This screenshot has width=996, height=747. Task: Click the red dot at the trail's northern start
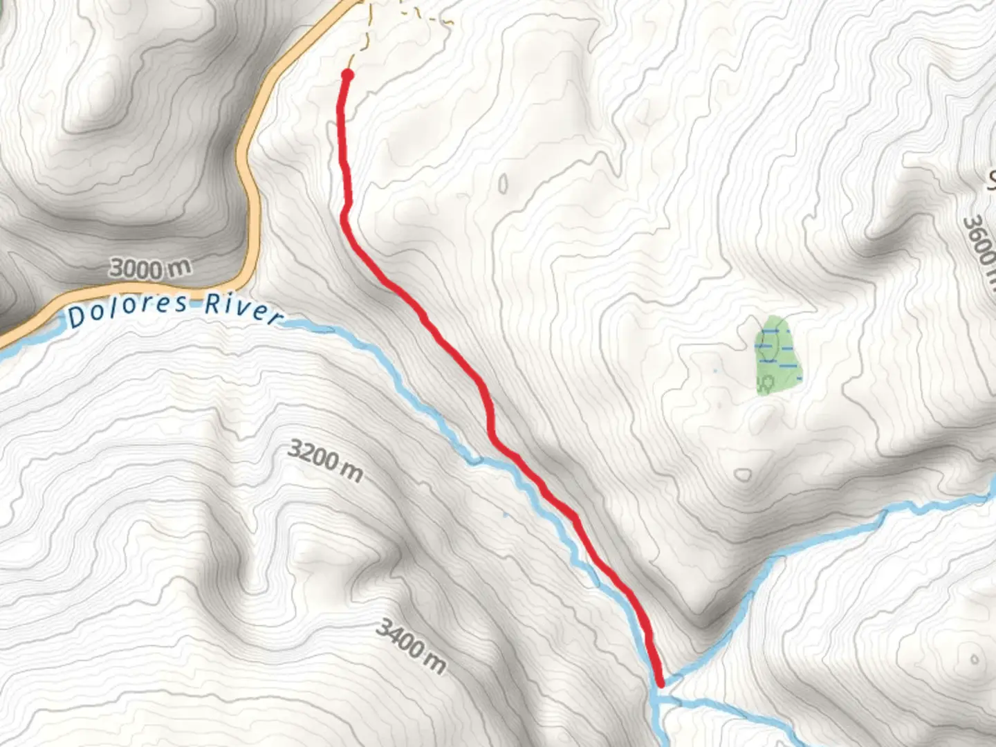click(x=348, y=75)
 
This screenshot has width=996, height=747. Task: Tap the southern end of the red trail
click(x=661, y=683)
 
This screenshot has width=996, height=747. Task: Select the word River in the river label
click(x=243, y=308)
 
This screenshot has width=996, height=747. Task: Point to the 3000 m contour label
click(x=149, y=268)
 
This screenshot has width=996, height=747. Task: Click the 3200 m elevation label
click(x=324, y=461)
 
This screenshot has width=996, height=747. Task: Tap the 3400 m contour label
click(x=410, y=647)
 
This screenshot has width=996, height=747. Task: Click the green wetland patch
click(x=780, y=355)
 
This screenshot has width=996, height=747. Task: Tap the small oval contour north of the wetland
click(x=503, y=183)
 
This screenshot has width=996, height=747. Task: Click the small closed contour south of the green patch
click(x=744, y=475)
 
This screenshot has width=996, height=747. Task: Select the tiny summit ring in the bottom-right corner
click(x=975, y=659)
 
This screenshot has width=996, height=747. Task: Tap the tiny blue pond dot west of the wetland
click(x=715, y=373)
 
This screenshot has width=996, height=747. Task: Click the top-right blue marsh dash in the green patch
click(x=788, y=332)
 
